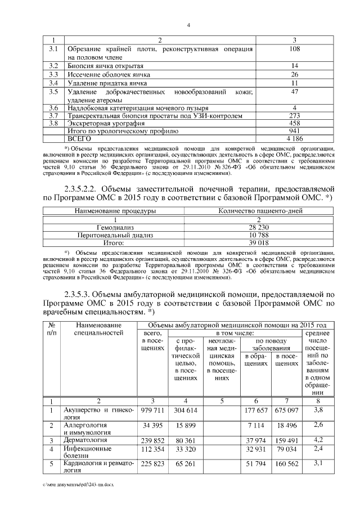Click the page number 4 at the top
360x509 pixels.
[x=189, y=25]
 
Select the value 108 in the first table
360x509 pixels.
[x=294, y=48]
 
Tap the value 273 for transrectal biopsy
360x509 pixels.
[x=294, y=115]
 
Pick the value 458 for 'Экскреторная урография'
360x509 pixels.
[x=294, y=123]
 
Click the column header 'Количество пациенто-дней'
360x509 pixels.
[x=260, y=211]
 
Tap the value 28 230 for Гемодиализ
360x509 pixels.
[x=260, y=227]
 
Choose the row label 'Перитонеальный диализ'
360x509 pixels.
[x=115, y=235]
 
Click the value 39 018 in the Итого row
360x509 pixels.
[x=260, y=242]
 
